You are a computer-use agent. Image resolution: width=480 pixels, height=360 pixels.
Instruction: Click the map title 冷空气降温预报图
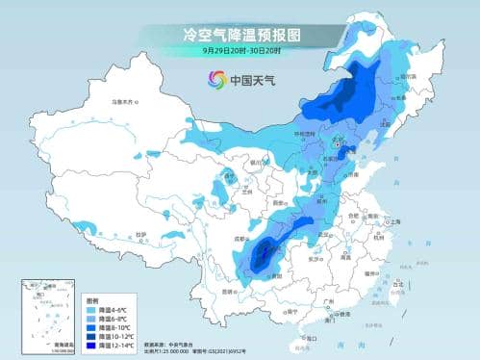pos(240,34)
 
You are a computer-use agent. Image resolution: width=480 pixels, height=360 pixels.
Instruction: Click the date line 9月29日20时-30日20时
pos(240,49)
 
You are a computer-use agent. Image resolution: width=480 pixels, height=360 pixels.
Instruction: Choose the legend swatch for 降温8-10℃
pos(93,325)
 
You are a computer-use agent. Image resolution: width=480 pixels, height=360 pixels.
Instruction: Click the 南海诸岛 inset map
pos(46,314)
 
